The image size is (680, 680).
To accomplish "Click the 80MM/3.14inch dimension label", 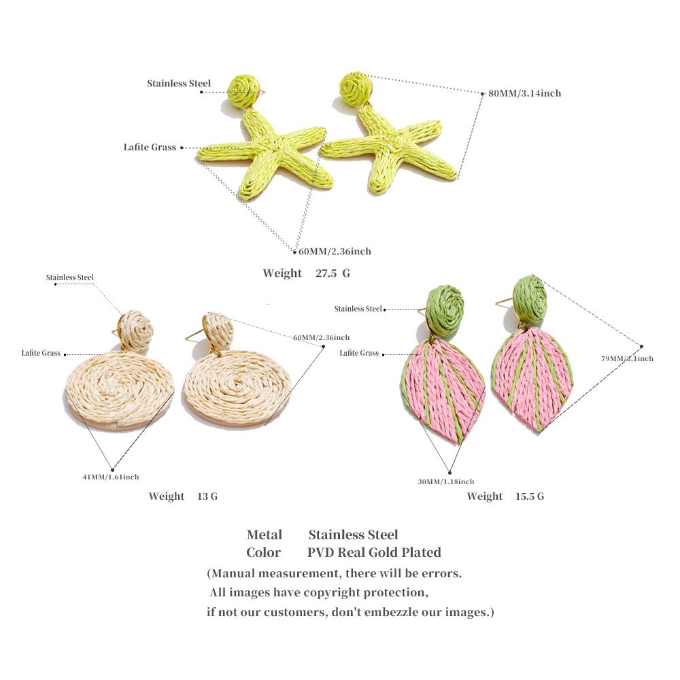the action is (x=524, y=93).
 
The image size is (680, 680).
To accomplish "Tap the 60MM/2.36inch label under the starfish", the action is (x=335, y=252).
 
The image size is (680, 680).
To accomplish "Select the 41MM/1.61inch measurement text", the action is (x=111, y=477).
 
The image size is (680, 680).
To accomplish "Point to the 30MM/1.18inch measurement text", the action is (x=446, y=481).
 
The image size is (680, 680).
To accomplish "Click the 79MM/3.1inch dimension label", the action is (x=627, y=358).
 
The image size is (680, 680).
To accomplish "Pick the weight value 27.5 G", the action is (x=333, y=273).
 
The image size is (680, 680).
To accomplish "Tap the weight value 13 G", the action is (x=207, y=496).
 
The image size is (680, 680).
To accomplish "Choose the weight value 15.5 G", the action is (x=530, y=496).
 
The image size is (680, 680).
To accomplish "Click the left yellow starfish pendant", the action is (x=265, y=154).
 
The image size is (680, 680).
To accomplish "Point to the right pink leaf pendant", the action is (x=532, y=379).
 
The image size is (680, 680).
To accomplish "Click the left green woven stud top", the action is (x=445, y=311).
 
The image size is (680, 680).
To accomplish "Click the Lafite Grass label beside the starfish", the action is (x=150, y=148).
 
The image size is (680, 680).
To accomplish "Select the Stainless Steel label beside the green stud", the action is (x=358, y=309).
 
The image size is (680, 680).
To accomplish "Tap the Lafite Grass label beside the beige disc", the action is (x=41, y=353).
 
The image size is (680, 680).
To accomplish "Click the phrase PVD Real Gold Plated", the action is (x=374, y=552).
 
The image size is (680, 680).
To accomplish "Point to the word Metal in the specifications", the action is (x=265, y=534).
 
